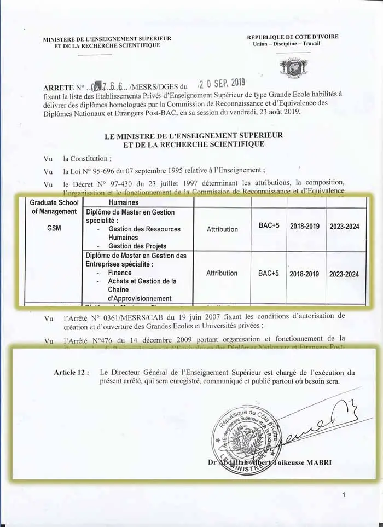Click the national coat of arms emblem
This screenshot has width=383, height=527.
293,67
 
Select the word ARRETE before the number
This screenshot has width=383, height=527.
57,88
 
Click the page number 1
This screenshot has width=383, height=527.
343,495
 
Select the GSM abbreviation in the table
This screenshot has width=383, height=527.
54,227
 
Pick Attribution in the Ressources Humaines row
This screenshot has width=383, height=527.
222,229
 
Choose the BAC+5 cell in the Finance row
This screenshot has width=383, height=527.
269,273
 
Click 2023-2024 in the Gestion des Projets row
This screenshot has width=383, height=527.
344,226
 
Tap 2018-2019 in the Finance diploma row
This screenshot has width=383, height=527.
304,274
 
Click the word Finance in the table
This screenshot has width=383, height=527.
120,273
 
